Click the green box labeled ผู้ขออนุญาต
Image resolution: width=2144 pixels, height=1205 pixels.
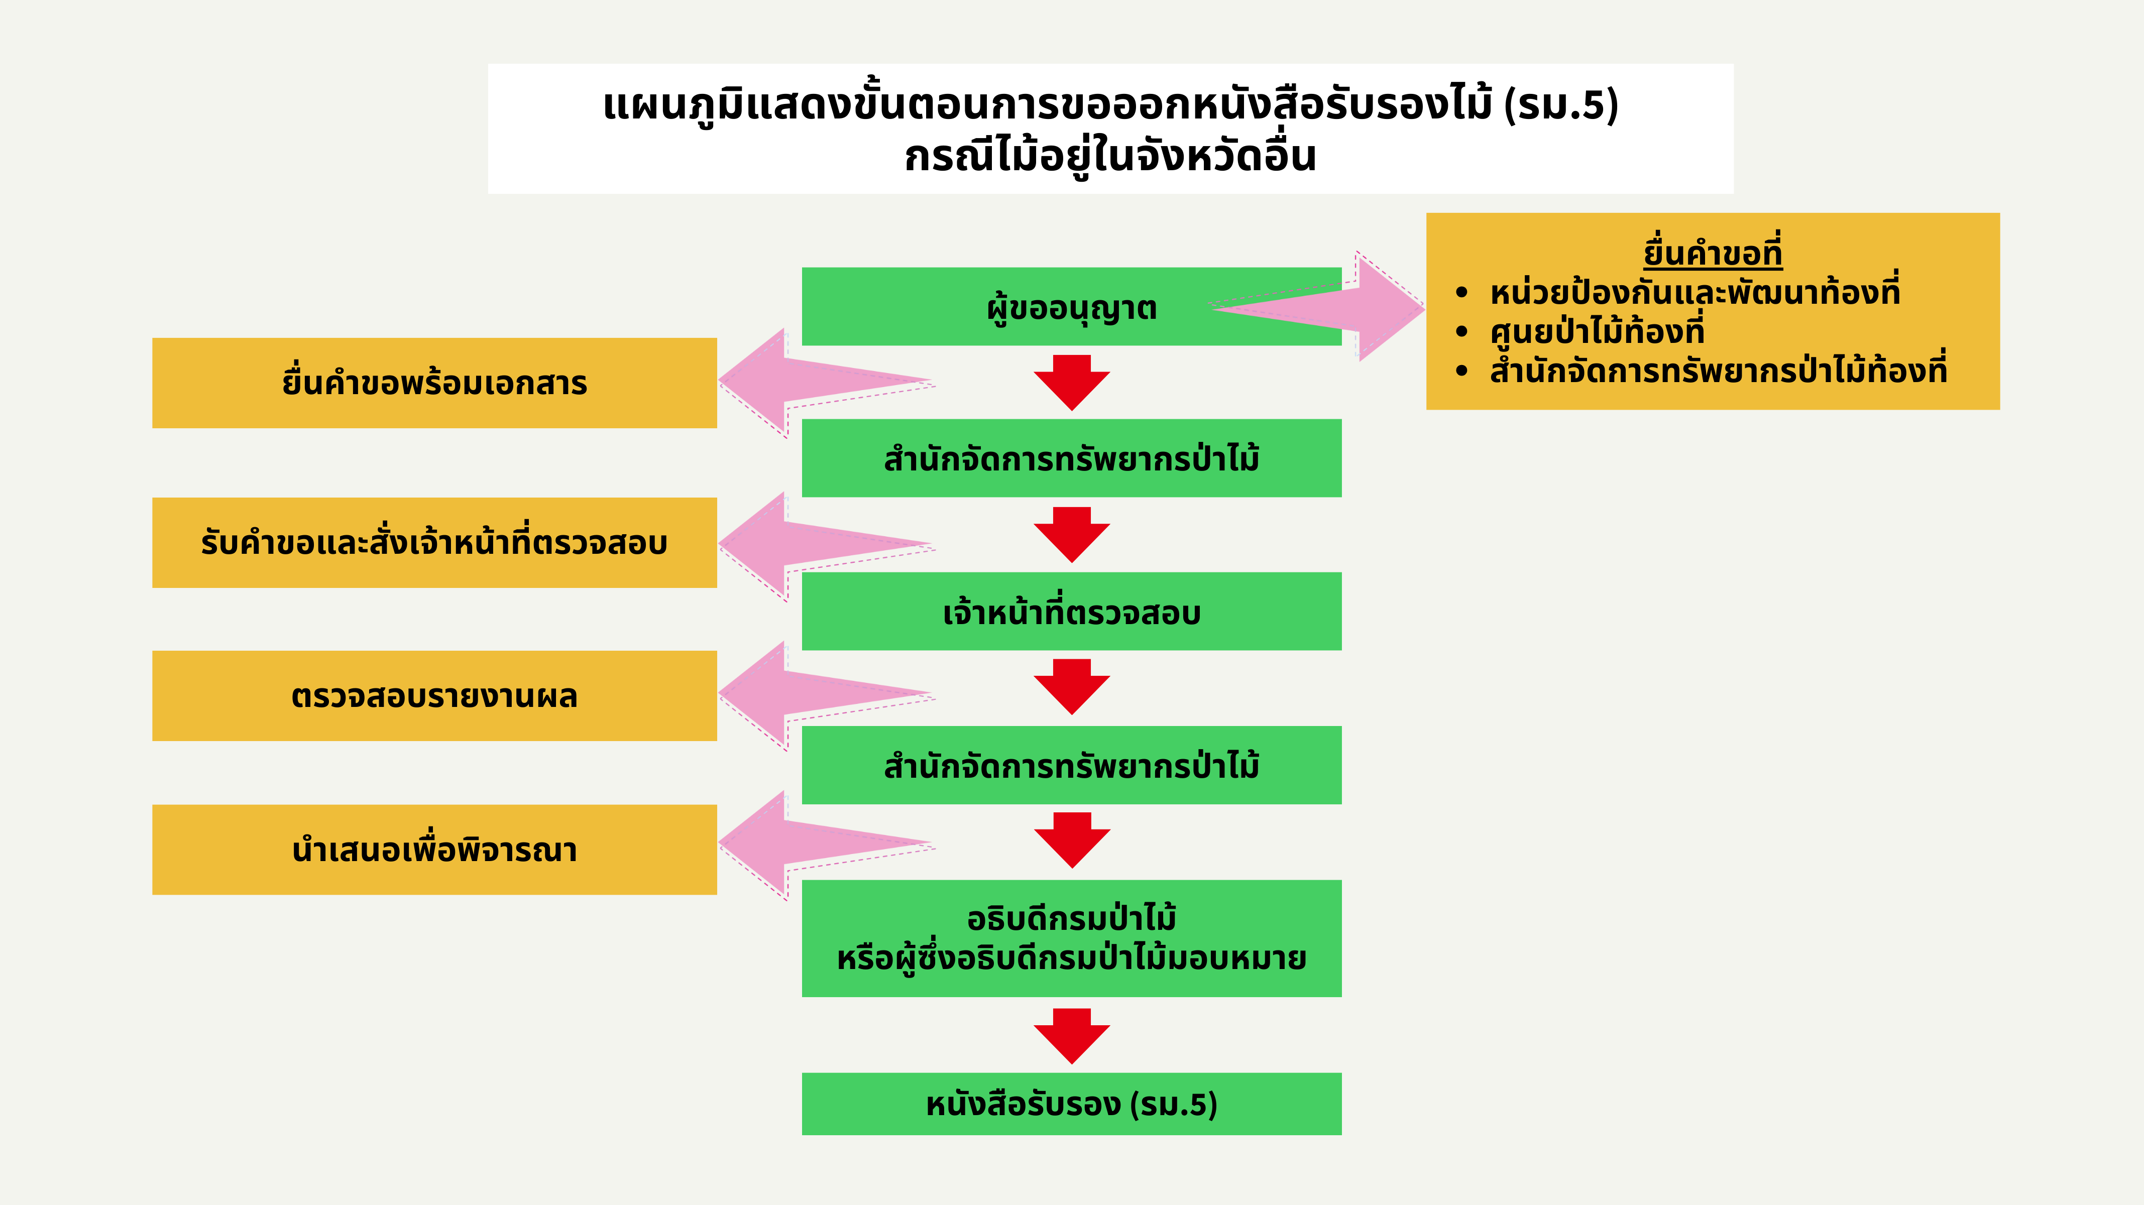coord(1071,306)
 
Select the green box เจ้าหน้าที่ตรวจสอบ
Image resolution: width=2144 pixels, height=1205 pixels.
coord(1071,611)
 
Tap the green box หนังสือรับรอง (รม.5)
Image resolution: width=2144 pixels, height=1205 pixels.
coord(1071,1104)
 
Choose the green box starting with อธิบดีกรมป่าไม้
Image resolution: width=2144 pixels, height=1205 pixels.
coord(1071,938)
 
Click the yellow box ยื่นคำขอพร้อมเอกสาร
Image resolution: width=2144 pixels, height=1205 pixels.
coord(434,383)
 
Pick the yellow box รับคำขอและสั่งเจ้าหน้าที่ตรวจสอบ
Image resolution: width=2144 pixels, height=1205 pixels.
coord(434,543)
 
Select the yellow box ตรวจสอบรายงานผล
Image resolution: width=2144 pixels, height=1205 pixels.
coord(434,696)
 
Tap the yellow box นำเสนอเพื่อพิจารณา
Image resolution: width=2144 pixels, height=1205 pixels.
coord(434,850)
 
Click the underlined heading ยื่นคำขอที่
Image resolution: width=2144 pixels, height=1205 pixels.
coord(1713,251)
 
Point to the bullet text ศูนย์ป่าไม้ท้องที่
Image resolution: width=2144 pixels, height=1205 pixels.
coord(1597,331)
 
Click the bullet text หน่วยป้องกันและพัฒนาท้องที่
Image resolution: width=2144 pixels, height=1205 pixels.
coord(1695,292)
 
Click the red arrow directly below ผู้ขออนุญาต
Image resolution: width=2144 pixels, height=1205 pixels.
coord(1072,383)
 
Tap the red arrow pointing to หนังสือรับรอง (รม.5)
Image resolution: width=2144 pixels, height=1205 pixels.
coord(1072,1036)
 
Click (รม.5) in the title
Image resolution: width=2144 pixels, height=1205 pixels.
coord(1560,105)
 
